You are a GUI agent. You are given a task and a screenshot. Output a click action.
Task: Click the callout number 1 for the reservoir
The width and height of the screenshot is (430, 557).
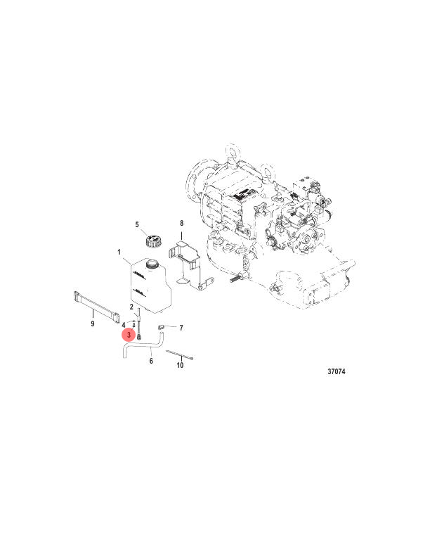pyautogui.click(x=119, y=251)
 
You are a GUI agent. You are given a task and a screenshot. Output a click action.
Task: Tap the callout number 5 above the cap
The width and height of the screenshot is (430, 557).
pyautogui.click(x=138, y=225)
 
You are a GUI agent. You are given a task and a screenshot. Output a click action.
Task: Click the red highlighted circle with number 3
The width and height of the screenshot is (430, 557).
pyautogui.click(x=130, y=336)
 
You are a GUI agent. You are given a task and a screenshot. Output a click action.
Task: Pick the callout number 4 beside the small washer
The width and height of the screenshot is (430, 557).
pyautogui.click(x=124, y=324)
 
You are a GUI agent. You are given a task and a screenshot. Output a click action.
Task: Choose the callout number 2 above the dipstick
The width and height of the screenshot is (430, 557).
pyautogui.click(x=131, y=307)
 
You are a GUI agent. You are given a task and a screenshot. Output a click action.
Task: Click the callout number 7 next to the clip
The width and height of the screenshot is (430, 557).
pyautogui.click(x=181, y=328)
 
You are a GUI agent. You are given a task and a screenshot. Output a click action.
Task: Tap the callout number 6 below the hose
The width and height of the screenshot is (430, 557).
pyautogui.click(x=151, y=361)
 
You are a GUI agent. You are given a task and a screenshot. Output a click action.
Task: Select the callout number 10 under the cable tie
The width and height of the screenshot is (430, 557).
pyautogui.click(x=180, y=365)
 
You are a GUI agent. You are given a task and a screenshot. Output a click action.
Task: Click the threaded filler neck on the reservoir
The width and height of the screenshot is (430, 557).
pyautogui.click(x=149, y=264)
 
